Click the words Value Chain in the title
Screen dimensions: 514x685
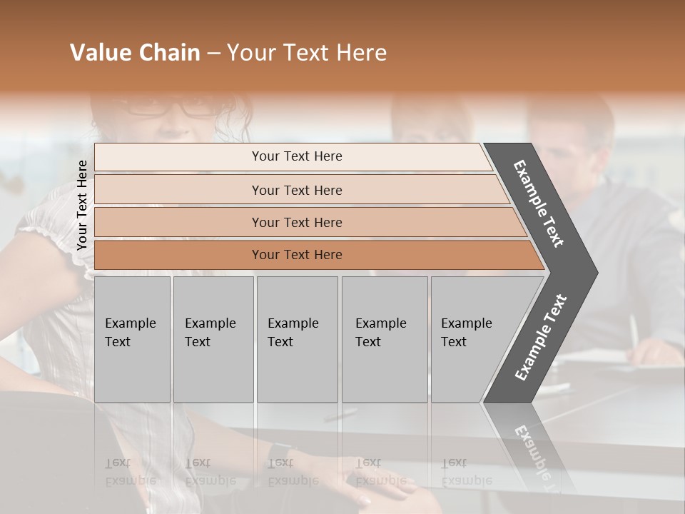(x=135, y=53)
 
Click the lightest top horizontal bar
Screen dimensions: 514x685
(x=296, y=156)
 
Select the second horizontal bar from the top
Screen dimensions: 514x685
(x=296, y=190)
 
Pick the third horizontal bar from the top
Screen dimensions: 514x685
(x=296, y=222)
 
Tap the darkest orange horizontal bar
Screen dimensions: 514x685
(x=296, y=255)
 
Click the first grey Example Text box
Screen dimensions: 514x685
(x=132, y=338)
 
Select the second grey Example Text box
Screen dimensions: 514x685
(x=213, y=338)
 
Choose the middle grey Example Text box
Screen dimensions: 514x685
(x=297, y=338)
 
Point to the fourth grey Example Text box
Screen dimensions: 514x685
(x=384, y=338)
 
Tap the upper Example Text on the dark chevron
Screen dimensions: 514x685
(x=539, y=203)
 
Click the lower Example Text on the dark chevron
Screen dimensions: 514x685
(x=540, y=338)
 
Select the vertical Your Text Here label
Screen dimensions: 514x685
(x=82, y=205)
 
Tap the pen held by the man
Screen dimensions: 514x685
(x=633, y=330)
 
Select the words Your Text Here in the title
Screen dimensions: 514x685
(x=307, y=53)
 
